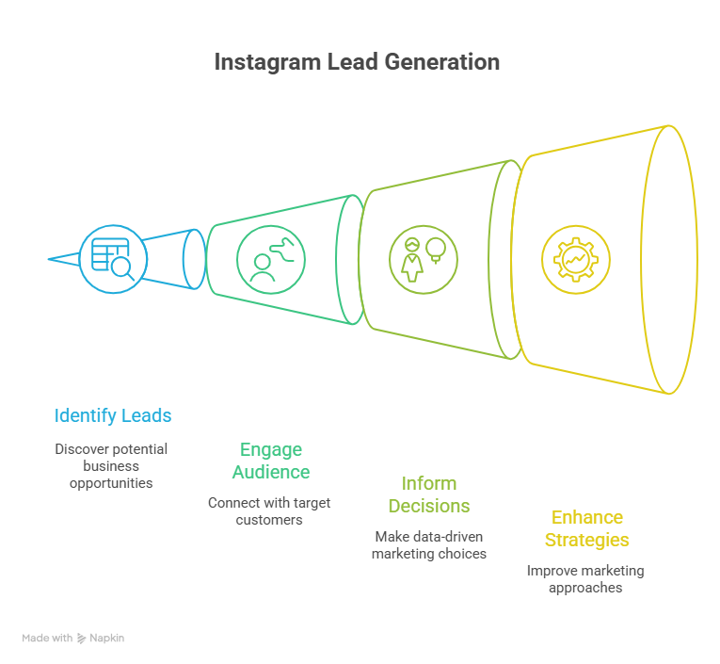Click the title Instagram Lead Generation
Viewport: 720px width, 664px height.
[356, 62]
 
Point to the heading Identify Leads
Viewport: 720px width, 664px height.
[113, 415]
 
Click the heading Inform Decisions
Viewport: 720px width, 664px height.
[429, 494]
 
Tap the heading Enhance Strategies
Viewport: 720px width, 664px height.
[588, 528]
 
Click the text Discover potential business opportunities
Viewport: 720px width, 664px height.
[111, 466]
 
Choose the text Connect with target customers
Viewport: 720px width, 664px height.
[269, 510]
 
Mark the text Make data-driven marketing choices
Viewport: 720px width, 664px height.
[429, 545]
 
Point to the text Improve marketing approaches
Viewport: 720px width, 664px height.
[584, 579]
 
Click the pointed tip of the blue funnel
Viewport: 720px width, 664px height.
[49, 257]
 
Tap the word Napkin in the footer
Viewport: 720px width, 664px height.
[107, 639]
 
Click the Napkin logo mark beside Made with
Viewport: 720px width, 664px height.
[83, 639]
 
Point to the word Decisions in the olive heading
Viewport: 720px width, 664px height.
[430, 506]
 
